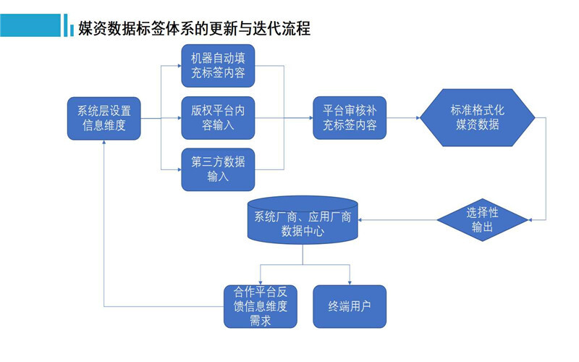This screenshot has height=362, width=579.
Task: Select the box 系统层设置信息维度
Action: pyautogui.click(x=104, y=119)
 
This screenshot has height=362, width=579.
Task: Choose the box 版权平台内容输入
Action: pyautogui.click(x=218, y=119)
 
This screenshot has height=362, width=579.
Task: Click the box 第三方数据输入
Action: pyautogui.click(x=218, y=169)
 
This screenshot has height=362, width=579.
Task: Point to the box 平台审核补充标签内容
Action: pyautogui.click(x=350, y=119)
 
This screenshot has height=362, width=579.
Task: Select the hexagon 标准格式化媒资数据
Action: pyautogui.click(x=478, y=118)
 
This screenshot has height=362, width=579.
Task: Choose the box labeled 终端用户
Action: pyautogui.click(x=350, y=306)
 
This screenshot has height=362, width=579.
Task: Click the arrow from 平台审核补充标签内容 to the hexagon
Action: pyautogui.click(x=403, y=119)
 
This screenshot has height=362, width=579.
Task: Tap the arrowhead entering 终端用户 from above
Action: pyautogui.click(x=350, y=281)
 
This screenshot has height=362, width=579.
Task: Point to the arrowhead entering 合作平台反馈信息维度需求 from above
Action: pyautogui.click(x=260, y=281)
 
